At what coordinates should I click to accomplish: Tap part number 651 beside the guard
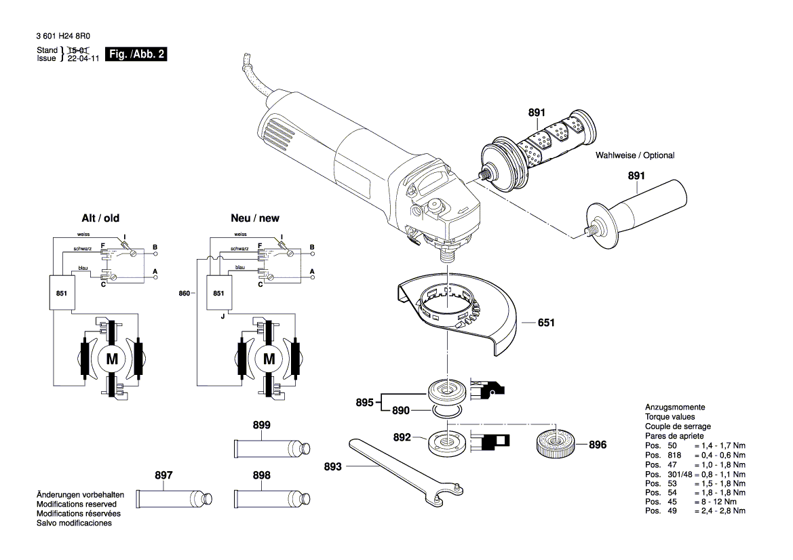(546, 323)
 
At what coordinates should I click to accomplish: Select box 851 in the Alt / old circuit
(62, 293)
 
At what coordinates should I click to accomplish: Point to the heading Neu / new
(254, 218)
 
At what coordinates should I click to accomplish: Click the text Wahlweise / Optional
(635, 155)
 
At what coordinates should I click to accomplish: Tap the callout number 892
(403, 438)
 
